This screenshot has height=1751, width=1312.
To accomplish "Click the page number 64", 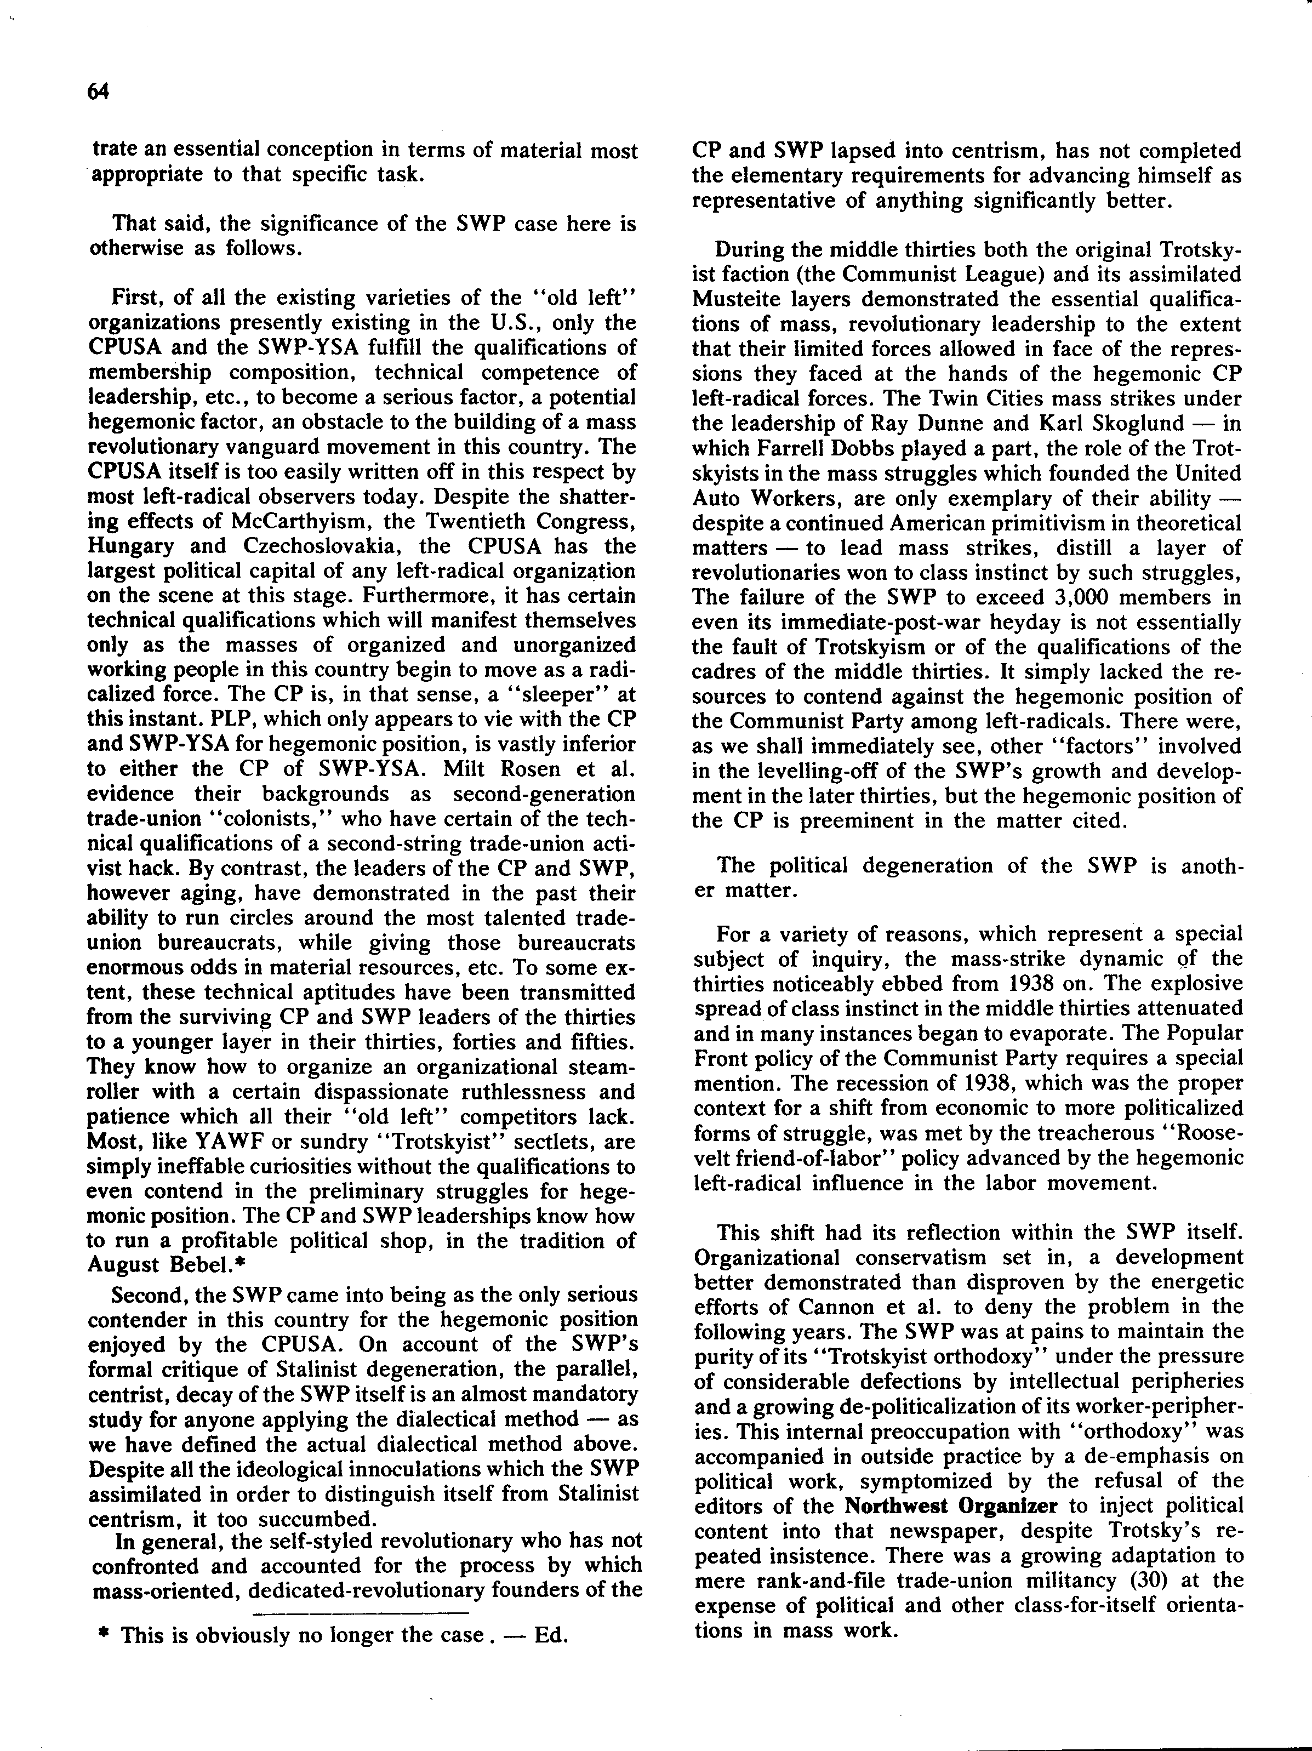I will pyautogui.click(x=98, y=93).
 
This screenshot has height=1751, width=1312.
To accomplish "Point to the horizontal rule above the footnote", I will pyautogui.click(x=360, y=1612).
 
